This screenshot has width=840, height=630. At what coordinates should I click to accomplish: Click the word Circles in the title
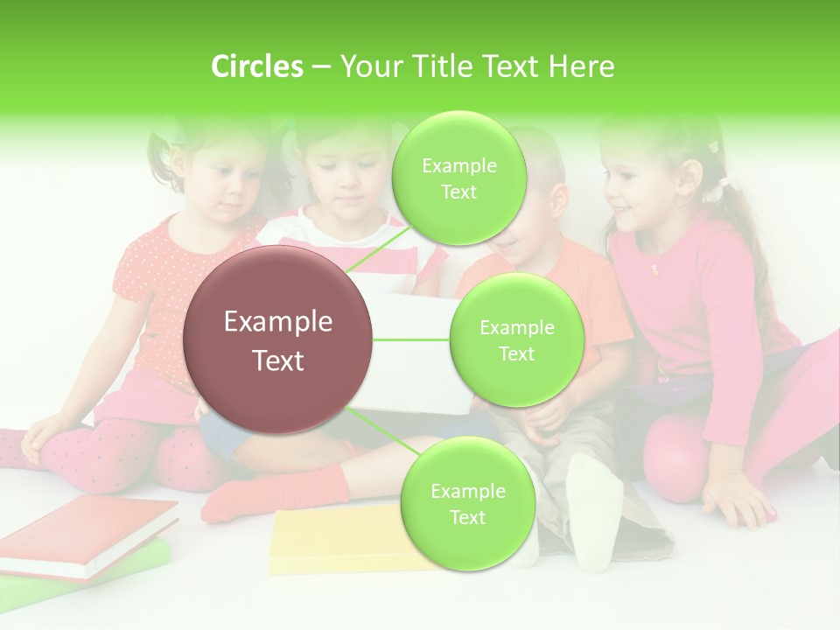click(x=257, y=66)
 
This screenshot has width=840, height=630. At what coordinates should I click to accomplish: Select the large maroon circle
click(x=278, y=339)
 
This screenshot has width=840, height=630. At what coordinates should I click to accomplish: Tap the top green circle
click(x=458, y=178)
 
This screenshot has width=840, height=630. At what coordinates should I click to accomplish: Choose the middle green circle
click(x=516, y=339)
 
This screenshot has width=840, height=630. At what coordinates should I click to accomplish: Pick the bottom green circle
click(x=467, y=503)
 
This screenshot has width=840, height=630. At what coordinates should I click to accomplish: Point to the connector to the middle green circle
click(x=411, y=339)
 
